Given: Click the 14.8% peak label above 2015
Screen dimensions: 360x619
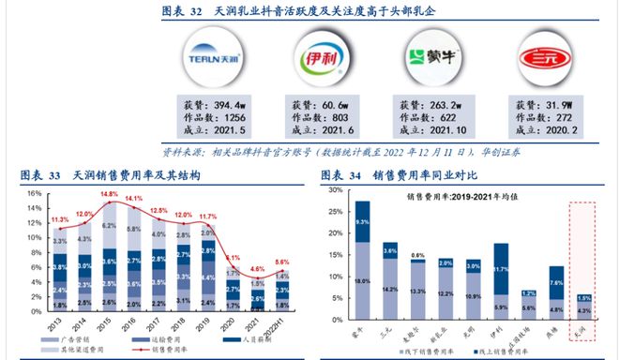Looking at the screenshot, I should point(109,195).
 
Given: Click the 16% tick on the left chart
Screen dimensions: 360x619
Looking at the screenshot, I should point(33,194).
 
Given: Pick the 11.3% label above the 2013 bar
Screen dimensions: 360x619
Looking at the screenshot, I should point(60,220).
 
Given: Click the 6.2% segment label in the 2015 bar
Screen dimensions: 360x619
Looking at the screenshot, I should point(109,226).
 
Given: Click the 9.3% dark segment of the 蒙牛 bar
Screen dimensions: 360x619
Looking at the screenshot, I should point(363,221).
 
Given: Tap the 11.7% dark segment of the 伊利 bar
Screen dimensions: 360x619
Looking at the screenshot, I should point(500,270).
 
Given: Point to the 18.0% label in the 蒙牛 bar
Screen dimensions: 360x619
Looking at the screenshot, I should point(363,278).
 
